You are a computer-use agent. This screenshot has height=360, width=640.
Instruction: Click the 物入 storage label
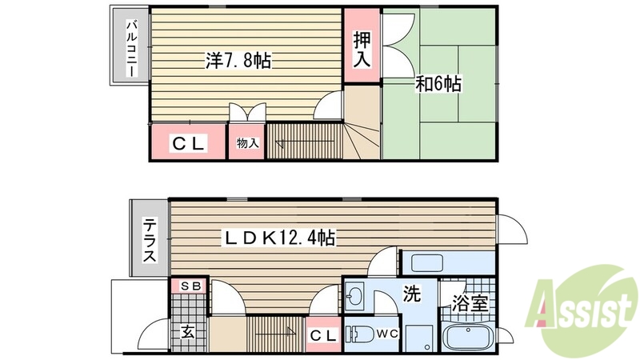pyautogui.click(x=247, y=143)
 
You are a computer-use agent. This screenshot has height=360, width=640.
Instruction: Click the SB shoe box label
pyautogui.click(x=190, y=286)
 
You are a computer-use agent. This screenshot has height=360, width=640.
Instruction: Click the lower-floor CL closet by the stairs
pyautogui.click(x=323, y=335)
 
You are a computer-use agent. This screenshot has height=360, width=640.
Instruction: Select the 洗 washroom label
pyautogui.click(x=411, y=294)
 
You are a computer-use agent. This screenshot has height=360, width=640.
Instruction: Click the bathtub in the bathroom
pyautogui.click(x=469, y=338)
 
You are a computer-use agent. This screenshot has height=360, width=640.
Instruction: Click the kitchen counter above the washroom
pyautogui.click(x=448, y=262)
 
